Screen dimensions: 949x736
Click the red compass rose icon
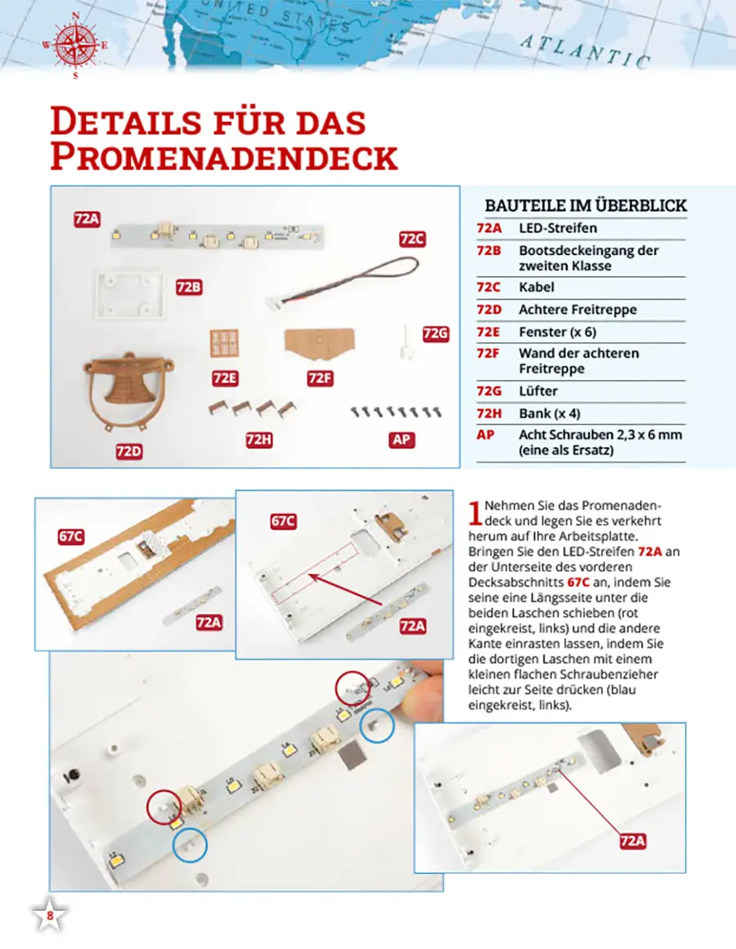tap(75, 45)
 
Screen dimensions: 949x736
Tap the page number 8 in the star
tap(50, 916)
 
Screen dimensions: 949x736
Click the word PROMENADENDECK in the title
tap(223, 157)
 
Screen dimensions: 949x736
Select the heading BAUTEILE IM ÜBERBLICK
tap(586, 206)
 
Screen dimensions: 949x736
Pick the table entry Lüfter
tap(536, 392)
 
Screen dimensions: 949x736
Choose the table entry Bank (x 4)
tap(550, 414)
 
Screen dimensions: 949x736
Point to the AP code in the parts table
tap(484, 435)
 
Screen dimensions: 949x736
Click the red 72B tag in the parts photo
tap(189, 287)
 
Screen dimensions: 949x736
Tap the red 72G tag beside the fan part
tap(436, 333)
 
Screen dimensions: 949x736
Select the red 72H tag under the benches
tap(258, 440)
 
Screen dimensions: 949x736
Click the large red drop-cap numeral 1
tap(475, 512)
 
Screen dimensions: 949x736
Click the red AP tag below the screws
tap(401, 440)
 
